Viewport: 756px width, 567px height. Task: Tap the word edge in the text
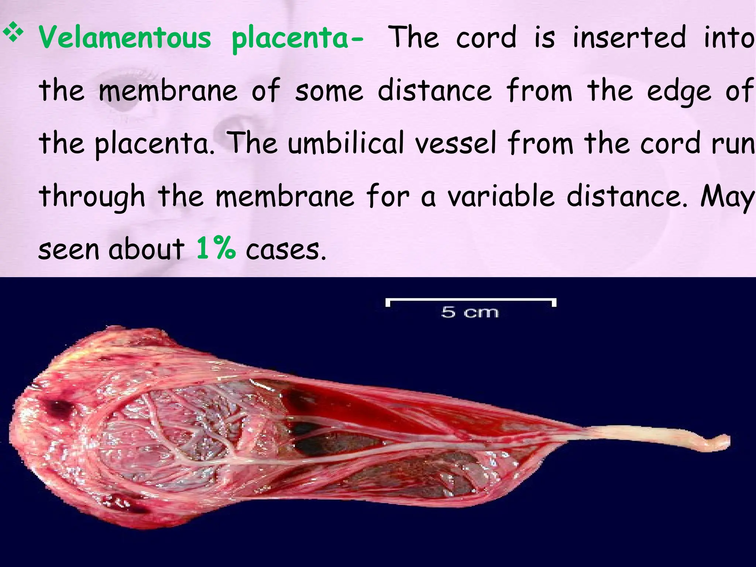point(679,92)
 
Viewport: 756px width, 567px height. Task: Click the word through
point(92,197)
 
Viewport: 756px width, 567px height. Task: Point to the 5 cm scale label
point(470,312)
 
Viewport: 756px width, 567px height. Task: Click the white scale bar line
point(471,300)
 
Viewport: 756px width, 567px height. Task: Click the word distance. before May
point(627,196)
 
